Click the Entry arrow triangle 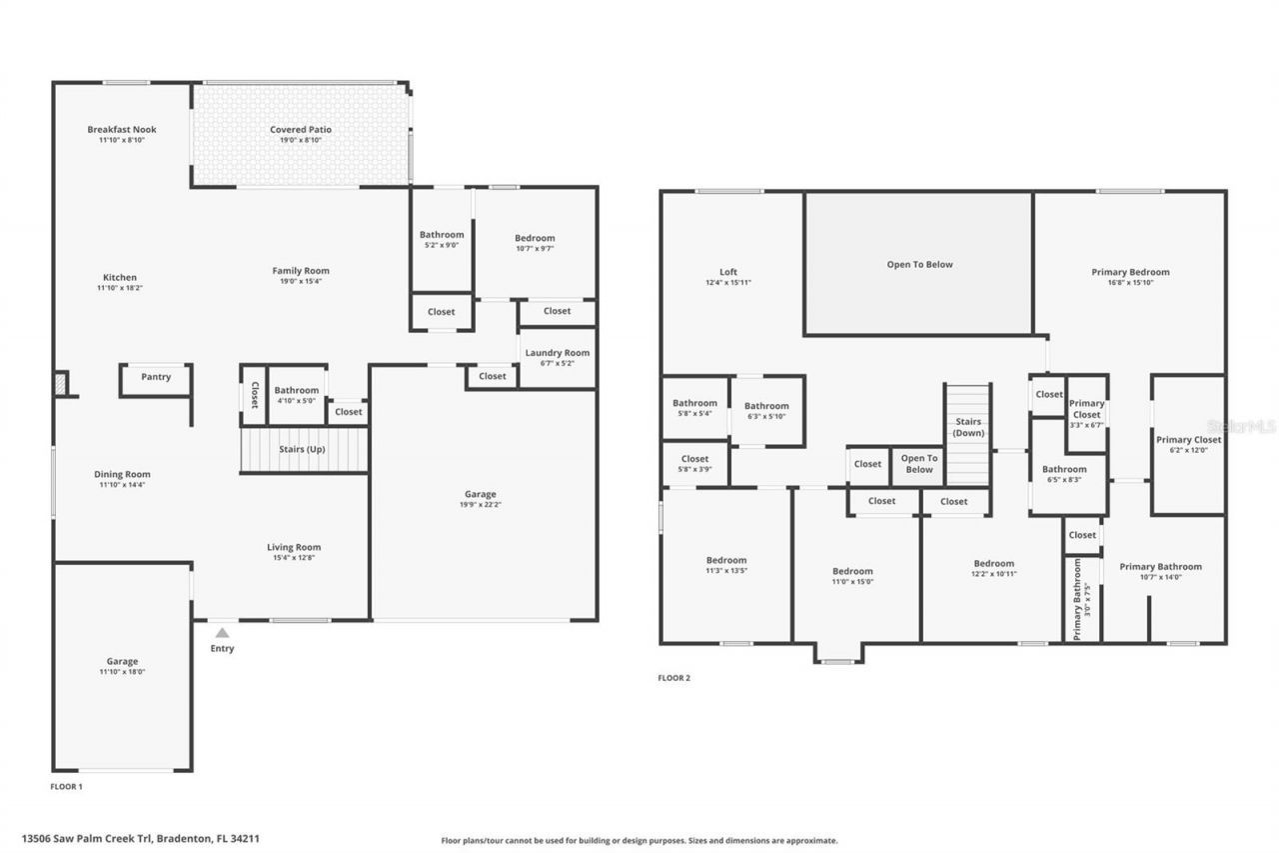coord(222,632)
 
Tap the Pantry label coord(156,377)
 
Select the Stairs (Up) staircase coord(303,450)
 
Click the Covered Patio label coord(301,129)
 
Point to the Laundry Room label coord(558,353)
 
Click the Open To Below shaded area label coord(919,265)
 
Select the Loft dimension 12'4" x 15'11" coord(728,283)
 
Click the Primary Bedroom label coord(1130,272)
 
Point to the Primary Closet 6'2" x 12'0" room coord(1188,445)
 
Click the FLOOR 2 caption coord(673,678)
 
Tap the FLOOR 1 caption coord(67,787)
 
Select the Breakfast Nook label coord(122,129)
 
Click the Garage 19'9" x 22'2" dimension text coord(481,505)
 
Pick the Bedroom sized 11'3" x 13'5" coord(726,566)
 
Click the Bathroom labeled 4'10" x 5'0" coord(297,395)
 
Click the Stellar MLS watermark coord(1241,426)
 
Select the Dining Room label coord(122,474)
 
